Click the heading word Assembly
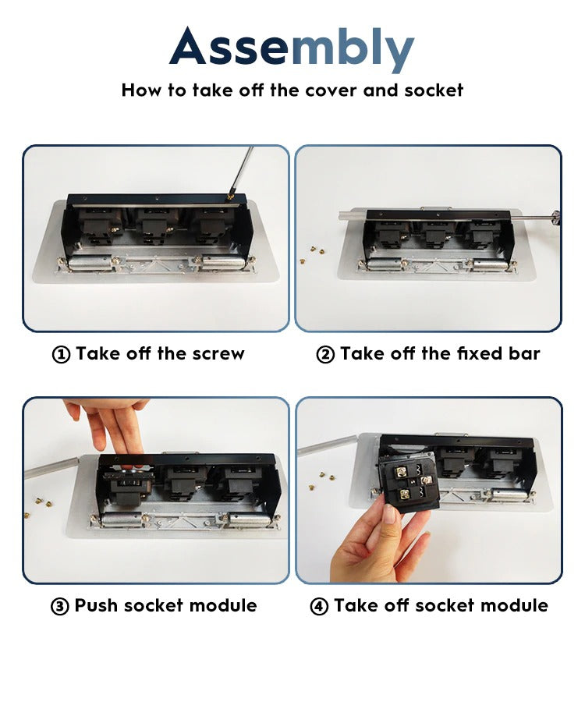pyautogui.click(x=292, y=49)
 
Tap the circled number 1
pyautogui.click(x=61, y=355)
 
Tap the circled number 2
pyautogui.click(x=325, y=355)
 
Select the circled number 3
pyautogui.click(x=60, y=607)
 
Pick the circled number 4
pyautogui.click(x=320, y=607)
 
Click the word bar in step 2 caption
pyautogui.click(x=523, y=354)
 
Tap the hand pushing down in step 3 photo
pyautogui.click(x=113, y=425)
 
